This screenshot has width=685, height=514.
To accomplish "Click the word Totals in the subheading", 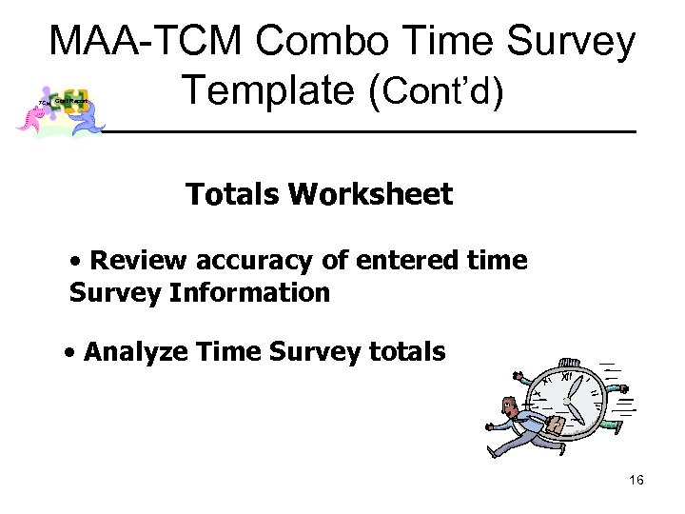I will point(234,195).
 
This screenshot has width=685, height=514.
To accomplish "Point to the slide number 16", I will point(636,481).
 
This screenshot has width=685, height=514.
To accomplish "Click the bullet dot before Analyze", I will point(72,353).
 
